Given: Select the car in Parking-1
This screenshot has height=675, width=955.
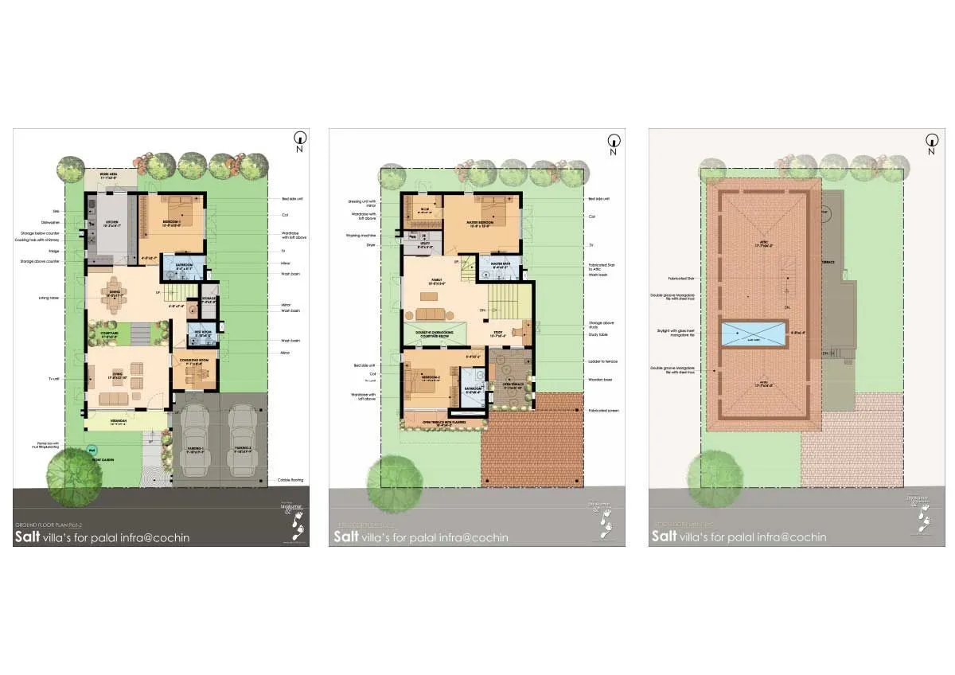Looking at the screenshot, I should click(196, 440).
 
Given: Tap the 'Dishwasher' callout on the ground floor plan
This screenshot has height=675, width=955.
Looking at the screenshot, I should click(51, 222).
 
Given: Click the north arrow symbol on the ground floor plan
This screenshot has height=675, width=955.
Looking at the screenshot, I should click(300, 138).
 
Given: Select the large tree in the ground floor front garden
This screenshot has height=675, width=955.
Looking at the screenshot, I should click(76, 476).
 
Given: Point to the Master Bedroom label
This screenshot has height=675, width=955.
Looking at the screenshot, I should click(481, 225).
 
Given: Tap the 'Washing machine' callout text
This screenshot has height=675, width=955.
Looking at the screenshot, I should click(361, 236).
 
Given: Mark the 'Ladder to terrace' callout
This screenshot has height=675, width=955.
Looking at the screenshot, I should click(602, 361).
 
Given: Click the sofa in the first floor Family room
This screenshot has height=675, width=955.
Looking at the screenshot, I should click(433, 313).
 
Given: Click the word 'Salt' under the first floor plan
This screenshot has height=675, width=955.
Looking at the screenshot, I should click(345, 536).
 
